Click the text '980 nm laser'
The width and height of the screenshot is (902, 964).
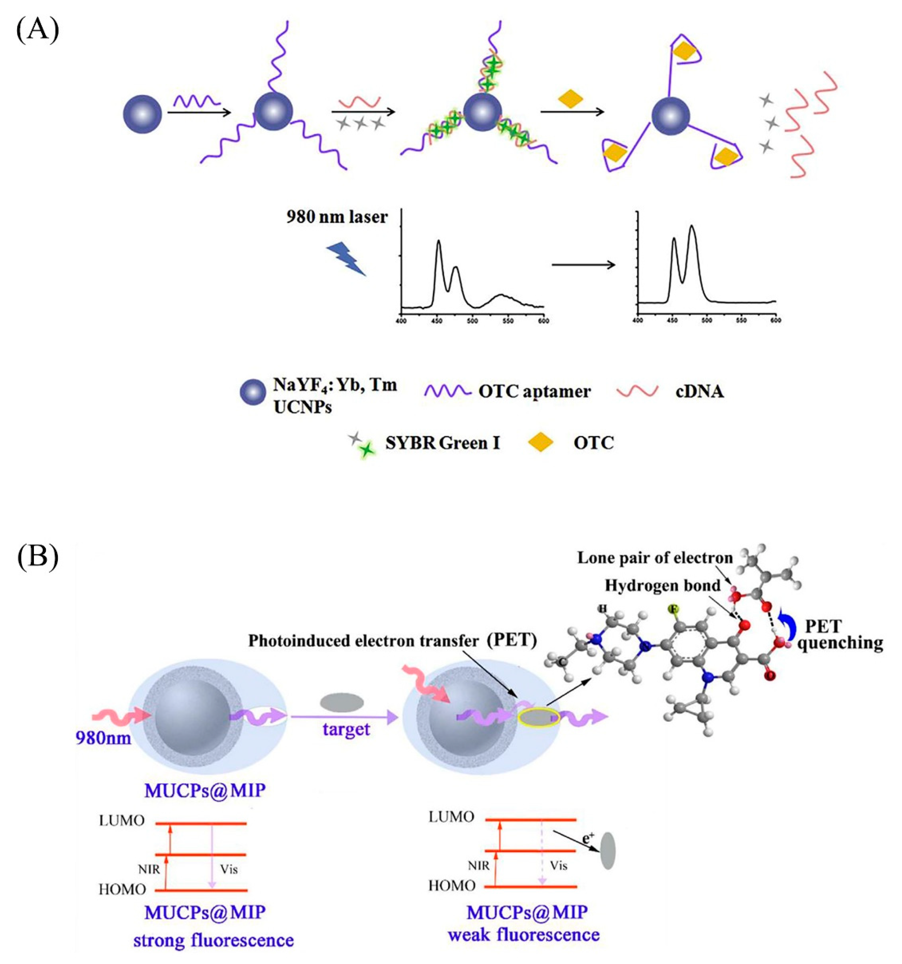point(336,217)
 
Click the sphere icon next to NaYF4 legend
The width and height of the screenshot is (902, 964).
point(253,392)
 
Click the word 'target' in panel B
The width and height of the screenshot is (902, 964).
point(346,729)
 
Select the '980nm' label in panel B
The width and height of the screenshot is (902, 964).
point(103,738)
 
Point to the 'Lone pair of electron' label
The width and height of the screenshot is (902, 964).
point(655,558)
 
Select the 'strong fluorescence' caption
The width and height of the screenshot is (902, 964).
point(213,940)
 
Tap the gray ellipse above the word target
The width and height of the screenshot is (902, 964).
point(342,702)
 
